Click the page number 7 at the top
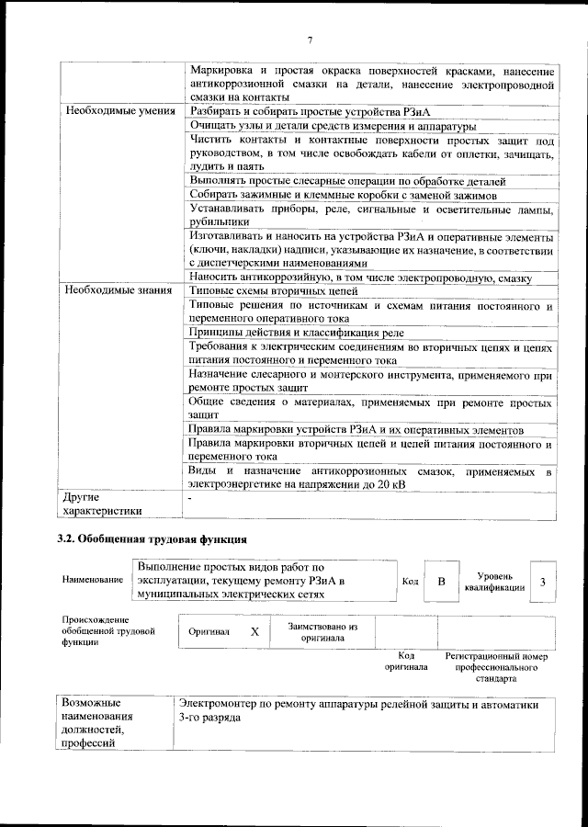click(310, 40)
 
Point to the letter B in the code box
click(441, 582)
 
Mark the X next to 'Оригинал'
click(254, 632)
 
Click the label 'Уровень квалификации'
click(495, 582)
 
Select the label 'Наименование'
click(93, 582)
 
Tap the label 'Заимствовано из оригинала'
click(322, 632)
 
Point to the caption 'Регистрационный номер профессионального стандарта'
click(496, 668)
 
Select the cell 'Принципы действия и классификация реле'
click(296, 332)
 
